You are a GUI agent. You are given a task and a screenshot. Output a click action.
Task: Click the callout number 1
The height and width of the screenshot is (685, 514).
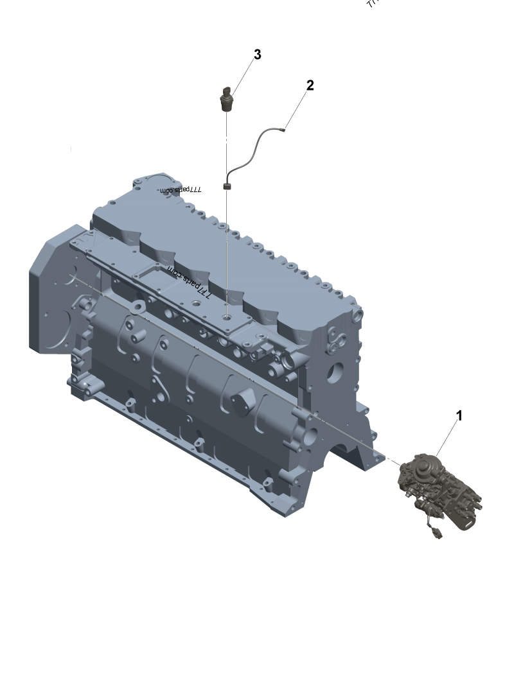(x=459, y=416)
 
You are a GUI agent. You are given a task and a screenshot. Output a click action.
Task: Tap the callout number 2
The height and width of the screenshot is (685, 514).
(x=310, y=85)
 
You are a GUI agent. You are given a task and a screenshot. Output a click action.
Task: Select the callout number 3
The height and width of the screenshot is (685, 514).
(x=257, y=55)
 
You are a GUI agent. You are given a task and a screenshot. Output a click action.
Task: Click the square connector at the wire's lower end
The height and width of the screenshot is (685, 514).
(x=227, y=187)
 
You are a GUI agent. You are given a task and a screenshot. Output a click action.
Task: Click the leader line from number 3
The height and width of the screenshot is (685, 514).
(x=243, y=76)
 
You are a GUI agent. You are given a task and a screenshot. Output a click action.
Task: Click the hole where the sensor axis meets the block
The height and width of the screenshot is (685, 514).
(x=227, y=317)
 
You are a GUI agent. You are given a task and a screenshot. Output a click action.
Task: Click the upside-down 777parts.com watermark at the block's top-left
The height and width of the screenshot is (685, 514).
(x=181, y=190)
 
